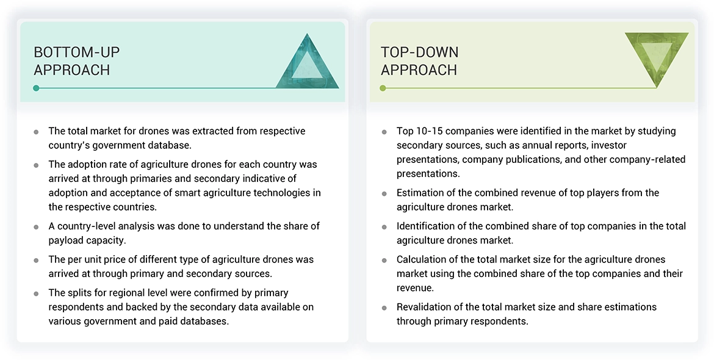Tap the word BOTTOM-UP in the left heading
(77, 52)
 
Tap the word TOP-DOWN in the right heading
(420, 52)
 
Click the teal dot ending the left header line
(37, 88)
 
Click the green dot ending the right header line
(383, 88)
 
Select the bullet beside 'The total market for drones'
(37, 132)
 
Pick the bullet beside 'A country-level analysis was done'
(37, 227)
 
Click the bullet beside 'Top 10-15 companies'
(384, 132)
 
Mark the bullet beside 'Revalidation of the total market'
(384, 308)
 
